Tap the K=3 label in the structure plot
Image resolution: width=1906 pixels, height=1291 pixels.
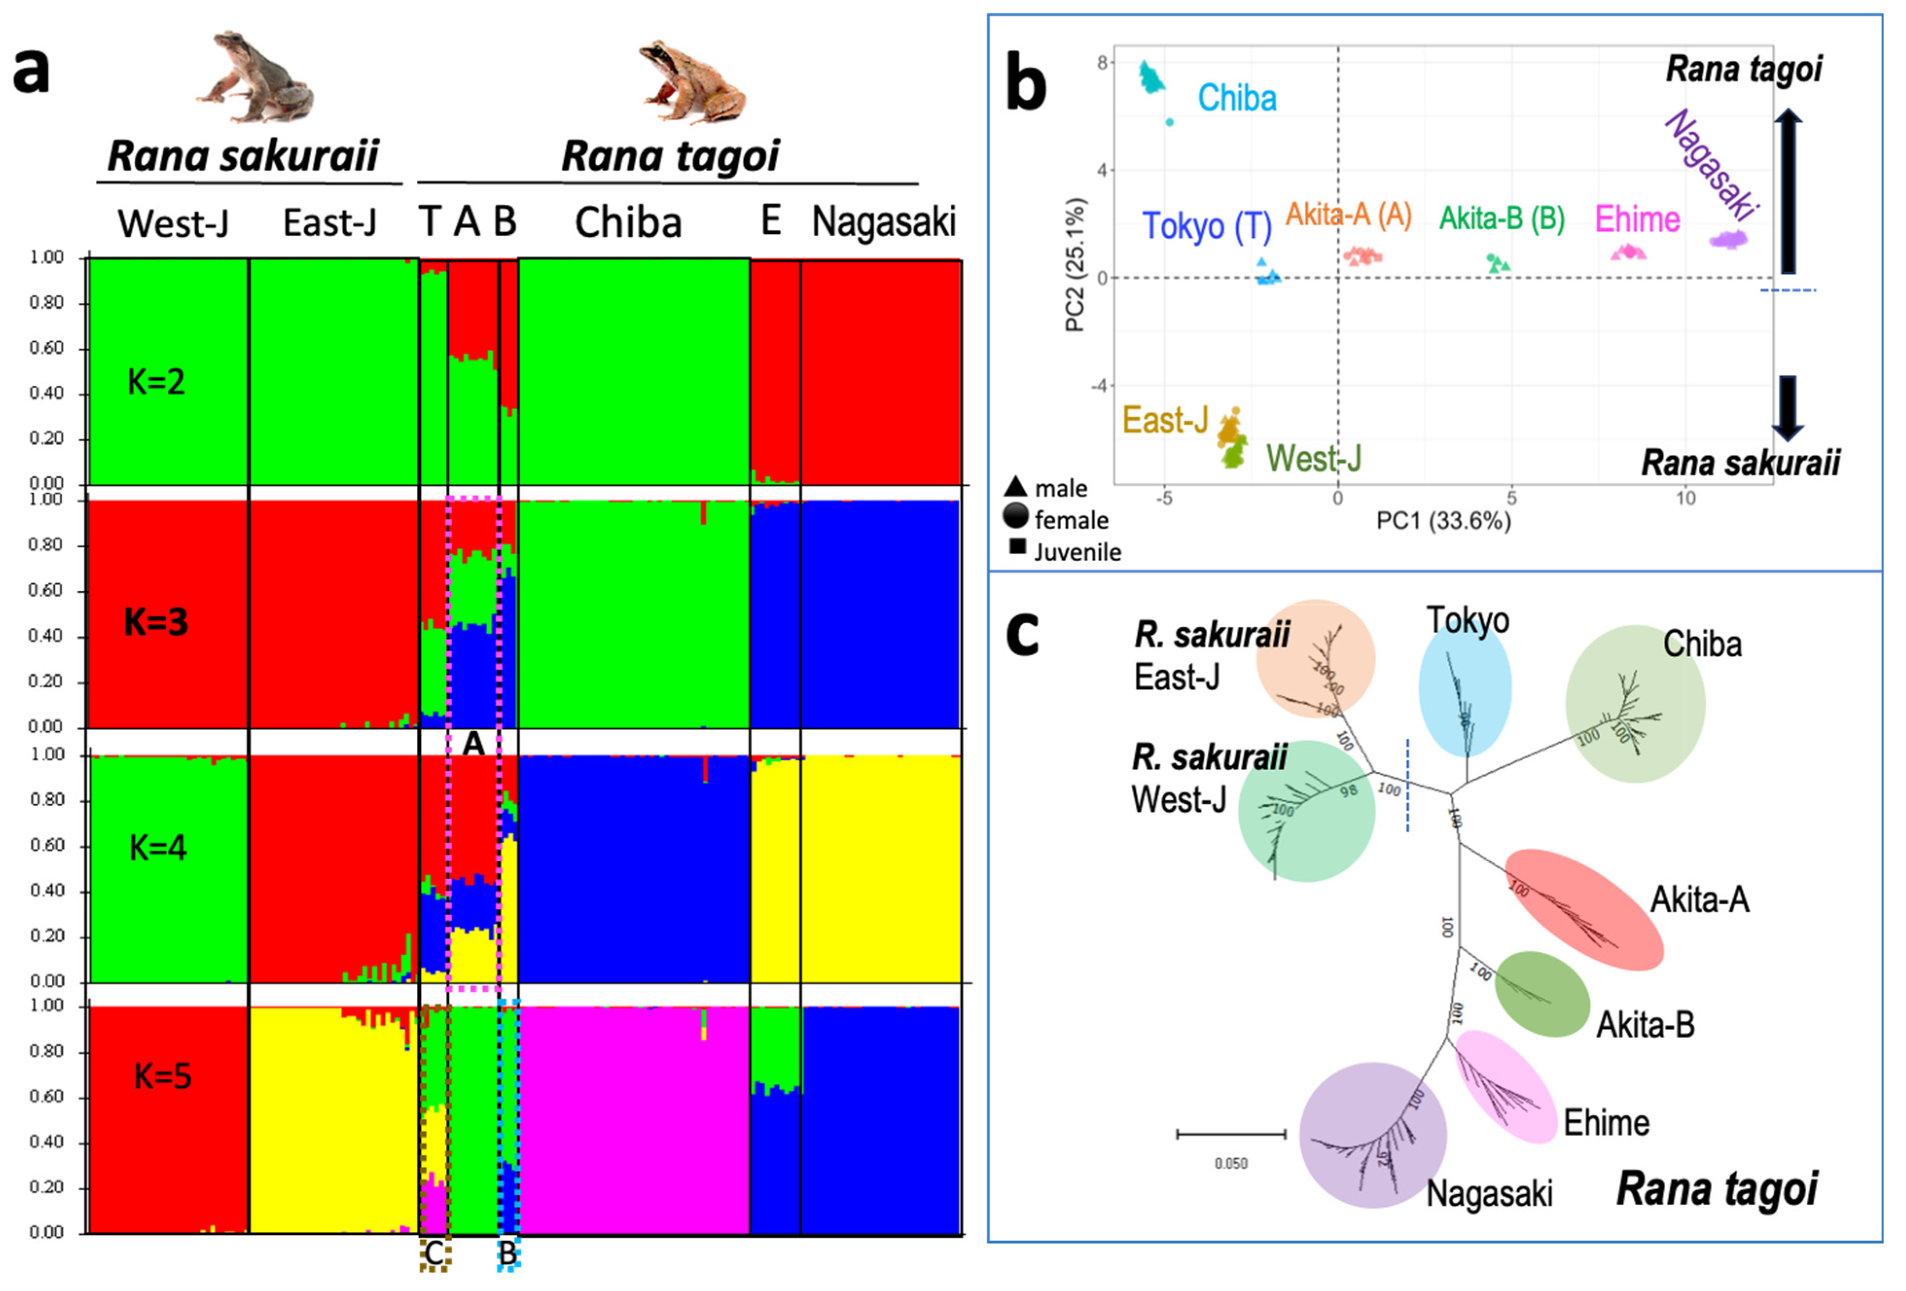pyautogui.click(x=155, y=623)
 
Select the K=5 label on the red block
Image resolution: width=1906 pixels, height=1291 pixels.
pyautogui.click(x=162, y=1076)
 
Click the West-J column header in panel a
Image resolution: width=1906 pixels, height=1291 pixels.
pyautogui.click(x=173, y=223)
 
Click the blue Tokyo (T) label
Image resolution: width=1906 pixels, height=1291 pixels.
pyautogui.click(x=1207, y=226)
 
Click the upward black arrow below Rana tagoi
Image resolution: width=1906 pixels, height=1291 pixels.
pyautogui.click(x=1788, y=192)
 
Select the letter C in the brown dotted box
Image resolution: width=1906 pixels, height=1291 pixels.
pyautogui.click(x=434, y=1253)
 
